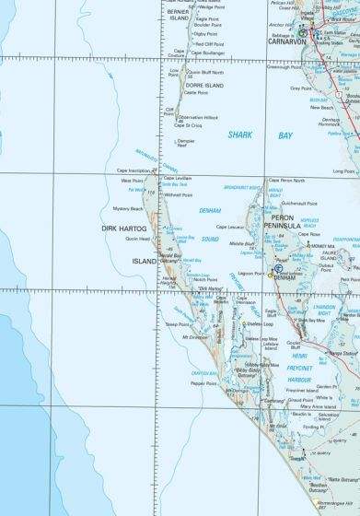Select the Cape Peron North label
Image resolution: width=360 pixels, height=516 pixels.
click(285, 181)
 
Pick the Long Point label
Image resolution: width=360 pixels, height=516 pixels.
click(343, 171)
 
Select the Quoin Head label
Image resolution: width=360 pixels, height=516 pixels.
click(138, 238)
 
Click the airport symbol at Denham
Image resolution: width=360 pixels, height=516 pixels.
click(279, 268)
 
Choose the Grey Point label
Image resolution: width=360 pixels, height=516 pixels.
click(301, 89)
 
